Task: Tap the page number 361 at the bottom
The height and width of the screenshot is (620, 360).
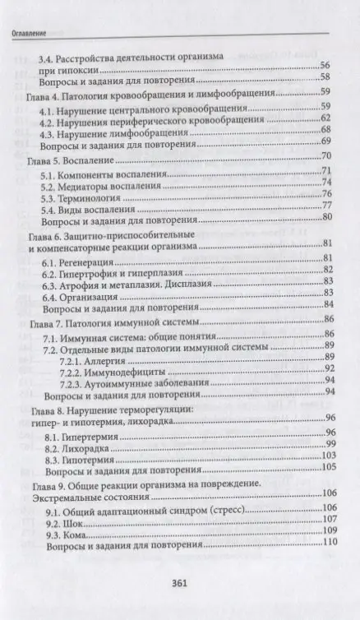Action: [180, 585]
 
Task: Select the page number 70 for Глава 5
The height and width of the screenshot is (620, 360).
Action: [325, 156]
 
